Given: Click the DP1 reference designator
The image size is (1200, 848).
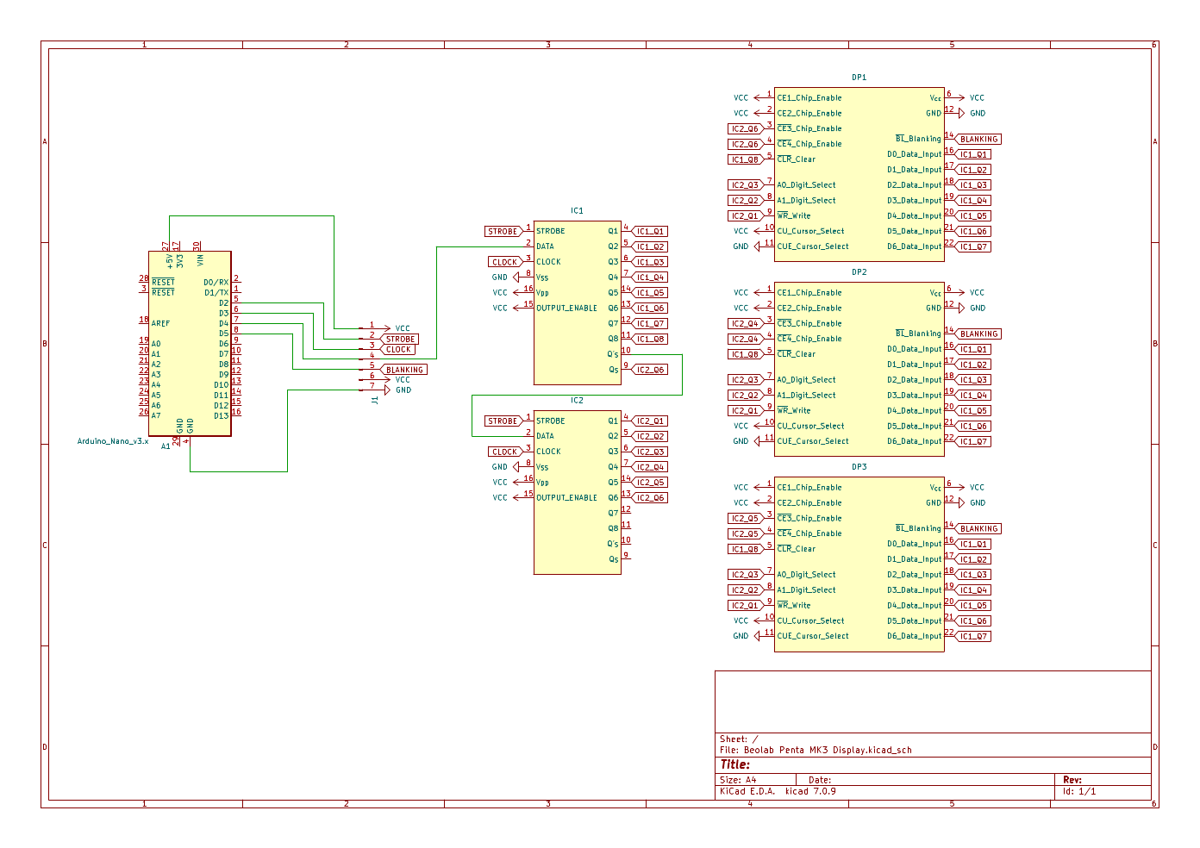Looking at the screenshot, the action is tap(859, 78).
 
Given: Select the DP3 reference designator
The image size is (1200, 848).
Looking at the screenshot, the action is tap(859, 466).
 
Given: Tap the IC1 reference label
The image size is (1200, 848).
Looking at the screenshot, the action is tap(577, 210).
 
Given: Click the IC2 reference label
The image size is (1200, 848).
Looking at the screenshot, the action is tap(577, 400).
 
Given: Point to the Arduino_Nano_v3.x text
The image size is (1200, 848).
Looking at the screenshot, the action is tap(112, 441).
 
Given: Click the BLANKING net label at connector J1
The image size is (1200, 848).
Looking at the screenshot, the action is tap(404, 370).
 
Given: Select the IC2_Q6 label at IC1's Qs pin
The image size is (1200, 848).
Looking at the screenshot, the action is tap(650, 370).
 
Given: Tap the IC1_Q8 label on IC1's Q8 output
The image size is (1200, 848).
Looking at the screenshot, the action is tap(650, 339).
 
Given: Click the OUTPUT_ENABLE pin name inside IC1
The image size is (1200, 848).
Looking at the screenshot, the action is tap(566, 308).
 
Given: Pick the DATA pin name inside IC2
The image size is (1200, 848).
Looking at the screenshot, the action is tap(545, 436).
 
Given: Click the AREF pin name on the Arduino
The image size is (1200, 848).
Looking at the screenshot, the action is tap(160, 323).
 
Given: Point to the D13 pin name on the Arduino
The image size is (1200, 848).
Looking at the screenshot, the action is tap(222, 415).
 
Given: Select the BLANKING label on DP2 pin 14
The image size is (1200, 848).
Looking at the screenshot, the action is tap(978, 334).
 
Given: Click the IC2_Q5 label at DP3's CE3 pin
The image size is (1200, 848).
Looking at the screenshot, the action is tap(746, 519).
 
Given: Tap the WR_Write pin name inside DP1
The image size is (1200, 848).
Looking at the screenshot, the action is tap(793, 216).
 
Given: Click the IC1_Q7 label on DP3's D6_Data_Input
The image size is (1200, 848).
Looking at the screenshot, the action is tap(973, 636).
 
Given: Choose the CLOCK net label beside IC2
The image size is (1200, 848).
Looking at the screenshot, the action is tap(504, 452).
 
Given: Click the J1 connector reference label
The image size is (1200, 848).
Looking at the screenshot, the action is tap(374, 400).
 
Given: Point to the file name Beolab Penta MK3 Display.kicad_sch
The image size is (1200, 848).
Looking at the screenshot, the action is tap(828, 750).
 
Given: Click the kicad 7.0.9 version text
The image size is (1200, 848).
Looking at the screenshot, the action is tap(810, 791).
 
